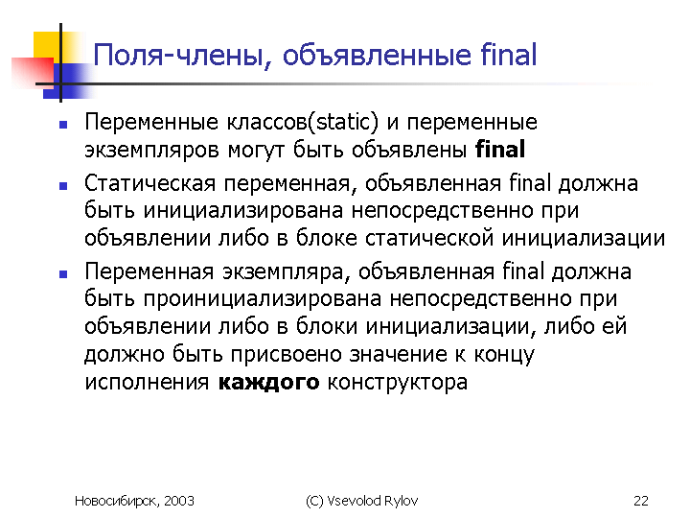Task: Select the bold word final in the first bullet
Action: pyautogui.click(x=500, y=149)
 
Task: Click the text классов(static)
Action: pyautogui.click(x=303, y=122)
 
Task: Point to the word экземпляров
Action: pyautogui.click(x=151, y=152)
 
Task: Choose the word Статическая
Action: pyautogui.click(x=149, y=183)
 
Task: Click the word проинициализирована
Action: pyautogui.click(x=263, y=299)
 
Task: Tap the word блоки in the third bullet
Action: pyautogui.click(x=326, y=326)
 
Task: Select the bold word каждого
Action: pyautogui.click(x=269, y=383)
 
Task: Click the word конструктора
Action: pyautogui.click(x=398, y=383)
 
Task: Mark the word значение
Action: pyautogui.click(x=399, y=355)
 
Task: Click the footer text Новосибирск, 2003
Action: pyautogui.click(x=134, y=501)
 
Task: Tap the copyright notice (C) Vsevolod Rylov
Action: pyautogui.click(x=361, y=501)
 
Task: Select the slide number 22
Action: pyautogui.click(x=641, y=501)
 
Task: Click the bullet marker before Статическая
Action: pyautogui.click(x=63, y=186)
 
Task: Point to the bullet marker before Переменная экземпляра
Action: pyautogui.click(x=63, y=274)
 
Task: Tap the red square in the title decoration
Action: pyautogui.click(x=33, y=70)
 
